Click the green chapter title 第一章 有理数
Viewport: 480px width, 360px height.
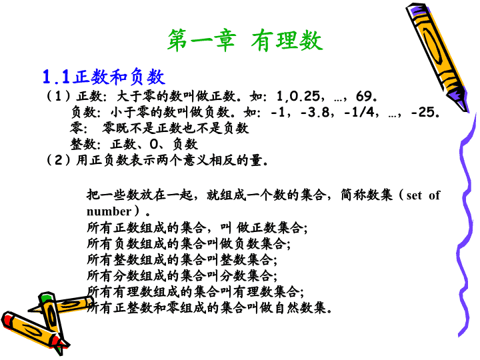click(245, 41)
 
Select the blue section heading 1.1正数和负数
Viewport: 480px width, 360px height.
click(104, 77)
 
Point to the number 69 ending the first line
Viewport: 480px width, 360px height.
click(364, 96)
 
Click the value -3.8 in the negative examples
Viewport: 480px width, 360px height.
click(315, 113)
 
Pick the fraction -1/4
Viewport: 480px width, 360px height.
click(359, 113)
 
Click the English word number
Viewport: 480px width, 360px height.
click(109, 211)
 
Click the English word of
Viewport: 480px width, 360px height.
click(435, 195)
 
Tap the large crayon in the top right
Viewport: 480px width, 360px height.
click(437, 57)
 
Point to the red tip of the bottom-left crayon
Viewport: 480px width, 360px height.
click(59, 343)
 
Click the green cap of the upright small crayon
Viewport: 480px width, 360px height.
click(46, 297)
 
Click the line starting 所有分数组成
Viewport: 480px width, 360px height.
click(182, 275)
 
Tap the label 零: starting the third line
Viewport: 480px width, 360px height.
click(79, 128)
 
